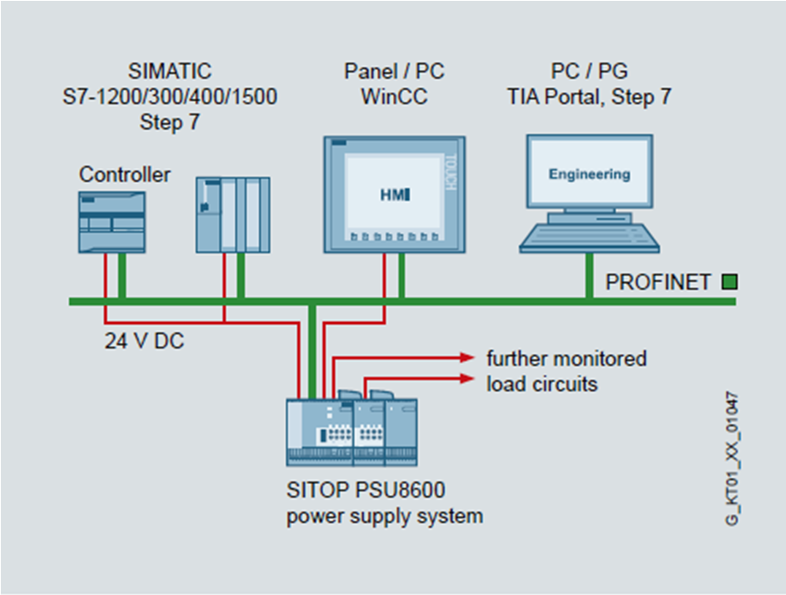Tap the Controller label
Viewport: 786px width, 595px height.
125,174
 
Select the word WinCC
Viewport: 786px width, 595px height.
394,96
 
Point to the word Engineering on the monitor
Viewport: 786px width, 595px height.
589,174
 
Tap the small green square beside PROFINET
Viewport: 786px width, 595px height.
729,282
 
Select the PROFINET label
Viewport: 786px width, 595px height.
658,282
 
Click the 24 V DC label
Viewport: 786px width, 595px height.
144,343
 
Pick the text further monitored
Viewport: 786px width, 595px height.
566,358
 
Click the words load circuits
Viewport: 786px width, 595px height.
541,384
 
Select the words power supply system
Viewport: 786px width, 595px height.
384,516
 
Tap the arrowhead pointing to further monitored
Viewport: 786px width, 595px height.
470,357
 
